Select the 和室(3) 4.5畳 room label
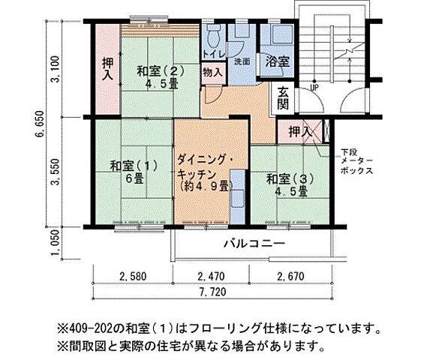click(x=285, y=185)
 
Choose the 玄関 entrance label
click(x=284, y=98)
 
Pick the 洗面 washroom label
click(x=242, y=61)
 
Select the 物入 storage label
click(x=212, y=73)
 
